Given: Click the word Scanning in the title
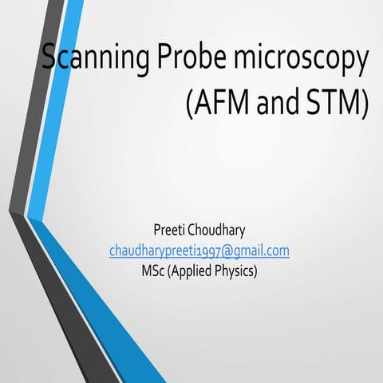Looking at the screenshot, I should pyautogui.click(x=85, y=59).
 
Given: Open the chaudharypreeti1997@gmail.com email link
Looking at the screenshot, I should pyautogui.click(x=199, y=251).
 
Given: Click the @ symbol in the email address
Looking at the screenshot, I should pyautogui.click(x=226, y=251).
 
